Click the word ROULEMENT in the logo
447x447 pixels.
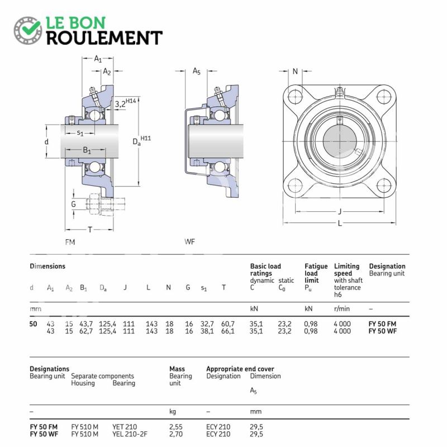(x=104, y=37)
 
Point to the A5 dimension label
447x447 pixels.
(x=196, y=71)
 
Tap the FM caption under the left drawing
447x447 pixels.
(x=70, y=242)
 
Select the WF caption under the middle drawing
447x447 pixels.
(x=189, y=242)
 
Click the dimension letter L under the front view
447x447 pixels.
(x=340, y=223)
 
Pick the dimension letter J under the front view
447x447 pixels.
(x=340, y=211)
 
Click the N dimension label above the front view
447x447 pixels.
(x=295, y=71)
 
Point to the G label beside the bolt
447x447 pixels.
(x=73, y=205)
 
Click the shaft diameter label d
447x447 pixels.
(x=46, y=142)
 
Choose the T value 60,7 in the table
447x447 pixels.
(x=227, y=324)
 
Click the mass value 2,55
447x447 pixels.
(x=177, y=426)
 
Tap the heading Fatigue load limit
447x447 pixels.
(x=316, y=273)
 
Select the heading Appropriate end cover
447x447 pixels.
(x=240, y=369)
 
